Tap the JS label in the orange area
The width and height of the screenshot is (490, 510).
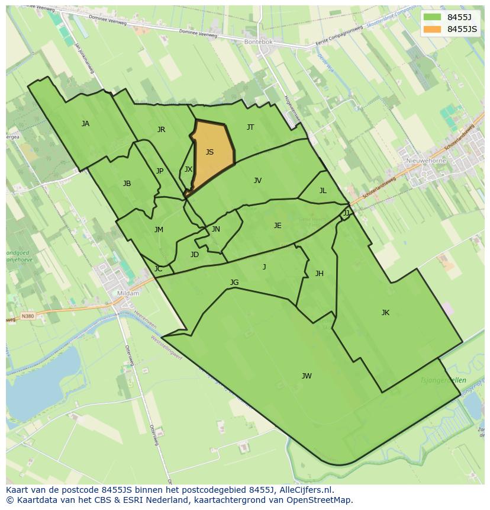pyautogui.click(x=209, y=152)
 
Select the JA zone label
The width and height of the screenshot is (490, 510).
pyautogui.click(x=85, y=124)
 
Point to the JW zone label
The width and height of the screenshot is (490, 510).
pyautogui.click(x=307, y=376)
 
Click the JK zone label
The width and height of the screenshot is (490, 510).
pyautogui.click(x=385, y=313)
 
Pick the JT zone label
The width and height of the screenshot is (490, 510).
pyautogui.click(x=250, y=127)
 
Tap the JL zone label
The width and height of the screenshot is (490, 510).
pyautogui.click(x=323, y=191)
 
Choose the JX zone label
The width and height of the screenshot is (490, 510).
pyautogui.click(x=188, y=169)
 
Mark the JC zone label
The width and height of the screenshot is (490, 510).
pyautogui.click(x=158, y=269)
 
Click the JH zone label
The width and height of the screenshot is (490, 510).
pyautogui.click(x=319, y=274)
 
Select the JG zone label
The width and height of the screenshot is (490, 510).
pyautogui.click(x=234, y=283)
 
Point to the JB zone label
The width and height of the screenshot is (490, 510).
pyautogui.click(x=127, y=184)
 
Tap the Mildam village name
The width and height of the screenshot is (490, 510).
pyautogui.click(x=128, y=293)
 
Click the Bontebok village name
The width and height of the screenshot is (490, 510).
pyautogui.click(x=258, y=43)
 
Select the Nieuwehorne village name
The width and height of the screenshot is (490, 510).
pyautogui.click(x=426, y=161)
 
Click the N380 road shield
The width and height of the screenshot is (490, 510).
pyautogui.click(x=27, y=316)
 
